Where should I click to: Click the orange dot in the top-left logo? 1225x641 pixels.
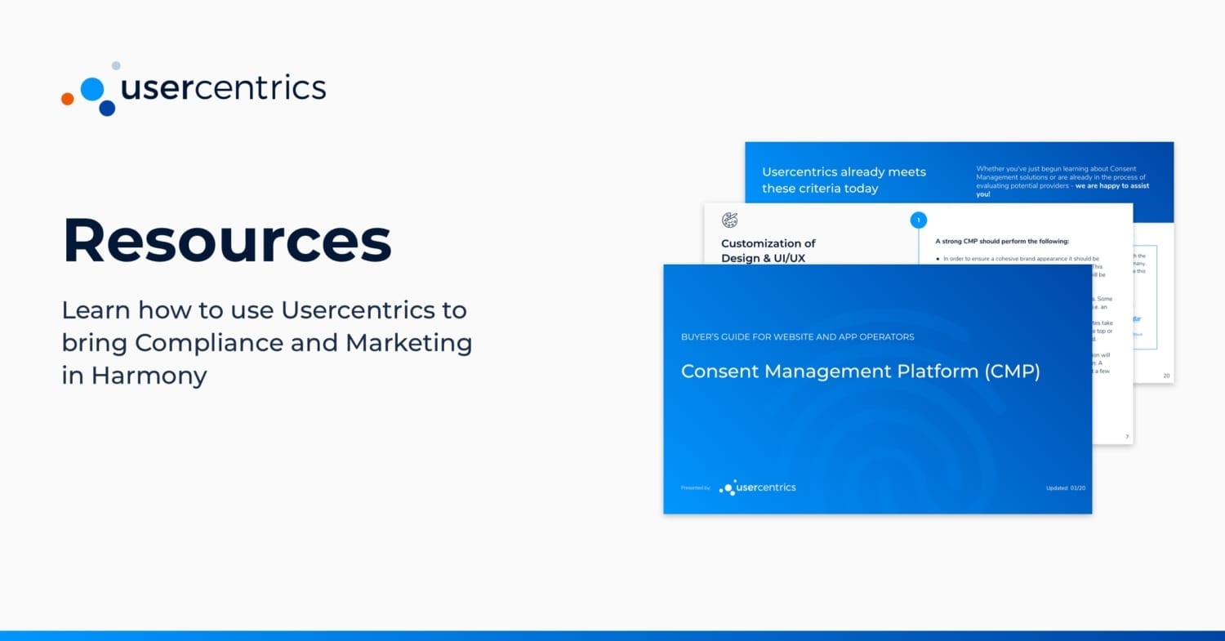click(68, 99)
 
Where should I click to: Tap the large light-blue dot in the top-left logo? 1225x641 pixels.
click(92, 88)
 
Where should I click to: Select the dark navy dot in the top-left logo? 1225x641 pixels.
click(107, 108)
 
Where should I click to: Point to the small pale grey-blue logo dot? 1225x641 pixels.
click(116, 65)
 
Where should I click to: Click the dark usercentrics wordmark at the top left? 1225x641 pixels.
click(223, 88)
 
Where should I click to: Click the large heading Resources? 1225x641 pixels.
click(227, 241)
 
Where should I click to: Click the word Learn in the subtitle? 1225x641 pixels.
click(96, 310)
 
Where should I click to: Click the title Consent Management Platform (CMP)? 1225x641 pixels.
click(860, 371)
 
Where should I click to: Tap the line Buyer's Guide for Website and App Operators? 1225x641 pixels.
click(797, 336)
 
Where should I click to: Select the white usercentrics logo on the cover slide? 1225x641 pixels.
click(757, 487)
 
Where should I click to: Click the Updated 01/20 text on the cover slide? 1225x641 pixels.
click(1065, 488)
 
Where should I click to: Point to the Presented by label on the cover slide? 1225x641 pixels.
click(695, 488)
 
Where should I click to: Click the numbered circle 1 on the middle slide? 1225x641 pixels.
click(918, 220)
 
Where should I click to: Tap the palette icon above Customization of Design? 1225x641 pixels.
click(729, 220)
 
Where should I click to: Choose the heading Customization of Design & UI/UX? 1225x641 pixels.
click(768, 251)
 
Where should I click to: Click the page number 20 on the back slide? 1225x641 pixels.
click(1165, 376)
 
